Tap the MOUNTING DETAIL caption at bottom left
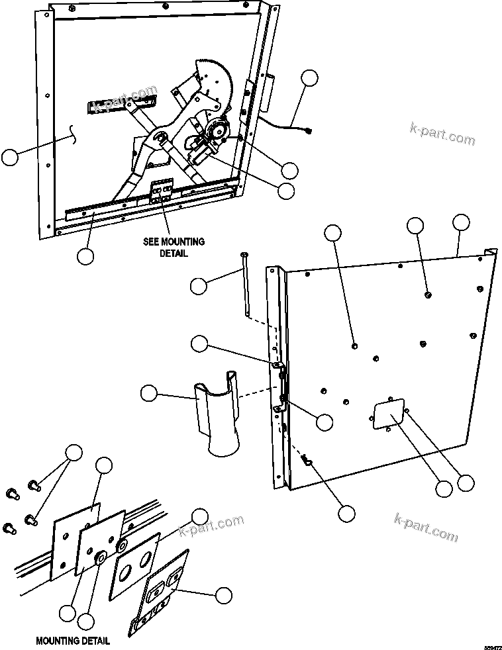click(73, 641)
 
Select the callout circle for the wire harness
click(309, 77)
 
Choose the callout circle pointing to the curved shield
click(150, 393)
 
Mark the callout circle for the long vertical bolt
click(198, 285)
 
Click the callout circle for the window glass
click(10, 158)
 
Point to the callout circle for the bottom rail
click(85, 256)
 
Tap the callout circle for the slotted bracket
click(224, 594)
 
